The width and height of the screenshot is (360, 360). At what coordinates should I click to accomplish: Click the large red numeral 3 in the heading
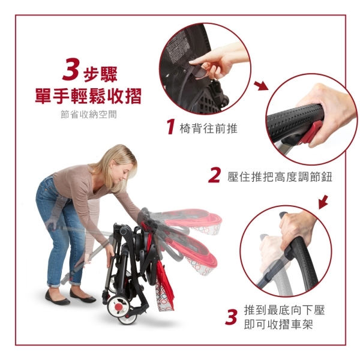coord(71,69)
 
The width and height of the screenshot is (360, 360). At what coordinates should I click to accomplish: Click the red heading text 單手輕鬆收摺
coord(88,96)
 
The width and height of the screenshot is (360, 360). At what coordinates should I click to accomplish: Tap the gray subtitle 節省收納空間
coord(89,114)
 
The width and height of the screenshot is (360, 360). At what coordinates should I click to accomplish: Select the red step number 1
coord(171,126)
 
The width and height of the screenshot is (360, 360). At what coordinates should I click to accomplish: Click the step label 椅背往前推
coord(208,128)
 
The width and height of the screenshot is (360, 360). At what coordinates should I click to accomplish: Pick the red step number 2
coord(215,175)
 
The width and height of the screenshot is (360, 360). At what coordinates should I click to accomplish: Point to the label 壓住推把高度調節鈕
coord(280,177)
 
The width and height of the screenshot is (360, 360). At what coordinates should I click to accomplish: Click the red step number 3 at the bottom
coord(231,317)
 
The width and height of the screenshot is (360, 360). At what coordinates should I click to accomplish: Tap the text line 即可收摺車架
coord(278,325)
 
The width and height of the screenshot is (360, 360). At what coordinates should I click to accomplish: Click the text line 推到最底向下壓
coord(284,310)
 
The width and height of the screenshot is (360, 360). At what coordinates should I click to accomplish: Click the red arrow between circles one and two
coord(261,86)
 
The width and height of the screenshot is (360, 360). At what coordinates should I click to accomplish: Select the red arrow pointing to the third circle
coord(323,202)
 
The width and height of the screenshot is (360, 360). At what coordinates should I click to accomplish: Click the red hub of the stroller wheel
coord(119,306)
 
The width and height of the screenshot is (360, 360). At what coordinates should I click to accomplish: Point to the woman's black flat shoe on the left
coord(57,298)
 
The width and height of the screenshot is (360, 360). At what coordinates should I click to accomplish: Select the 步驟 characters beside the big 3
coord(101,74)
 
